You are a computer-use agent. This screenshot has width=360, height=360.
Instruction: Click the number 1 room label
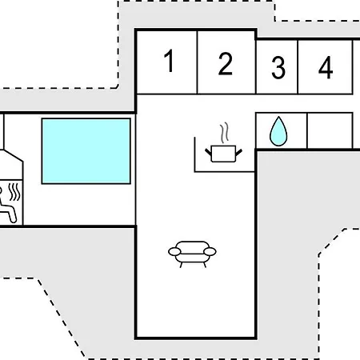(x=169, y=61)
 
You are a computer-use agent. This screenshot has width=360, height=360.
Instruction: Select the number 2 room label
(x=226, y=63)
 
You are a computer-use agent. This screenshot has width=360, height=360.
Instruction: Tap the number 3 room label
(x=278, y=68)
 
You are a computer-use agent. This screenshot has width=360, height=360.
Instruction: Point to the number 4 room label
(x=326, y=67)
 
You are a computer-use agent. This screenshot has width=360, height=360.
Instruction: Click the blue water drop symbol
(x=278, y=131)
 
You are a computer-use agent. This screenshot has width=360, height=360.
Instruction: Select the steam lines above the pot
(x=225, y=133)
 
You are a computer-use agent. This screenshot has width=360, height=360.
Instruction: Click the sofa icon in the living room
(x=192, y=254)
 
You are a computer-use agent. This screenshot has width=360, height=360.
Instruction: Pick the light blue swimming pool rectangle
(x=86, y=151)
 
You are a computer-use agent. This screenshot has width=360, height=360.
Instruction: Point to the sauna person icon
(x=7, y=205)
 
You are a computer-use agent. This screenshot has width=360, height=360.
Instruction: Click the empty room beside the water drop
(x=330, y=130)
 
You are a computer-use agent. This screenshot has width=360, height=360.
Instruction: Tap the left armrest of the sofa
(x=174, y=251)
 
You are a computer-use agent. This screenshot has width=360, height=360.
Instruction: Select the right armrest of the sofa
(x=210, y=251)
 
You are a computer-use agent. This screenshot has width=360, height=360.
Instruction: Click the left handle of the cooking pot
(x=208, y=152)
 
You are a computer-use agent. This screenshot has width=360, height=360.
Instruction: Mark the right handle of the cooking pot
(x=239, y=152)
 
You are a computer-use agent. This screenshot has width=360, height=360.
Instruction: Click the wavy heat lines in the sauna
(x=14, y=192)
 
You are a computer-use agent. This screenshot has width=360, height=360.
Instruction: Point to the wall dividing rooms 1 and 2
(x=197, y=62)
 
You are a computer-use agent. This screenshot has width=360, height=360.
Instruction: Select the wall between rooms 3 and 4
(x=298, y=67)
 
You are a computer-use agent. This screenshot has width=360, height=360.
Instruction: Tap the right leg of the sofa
(x=205, y=265)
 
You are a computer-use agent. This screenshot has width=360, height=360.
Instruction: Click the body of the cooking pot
(x=223, y=154)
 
